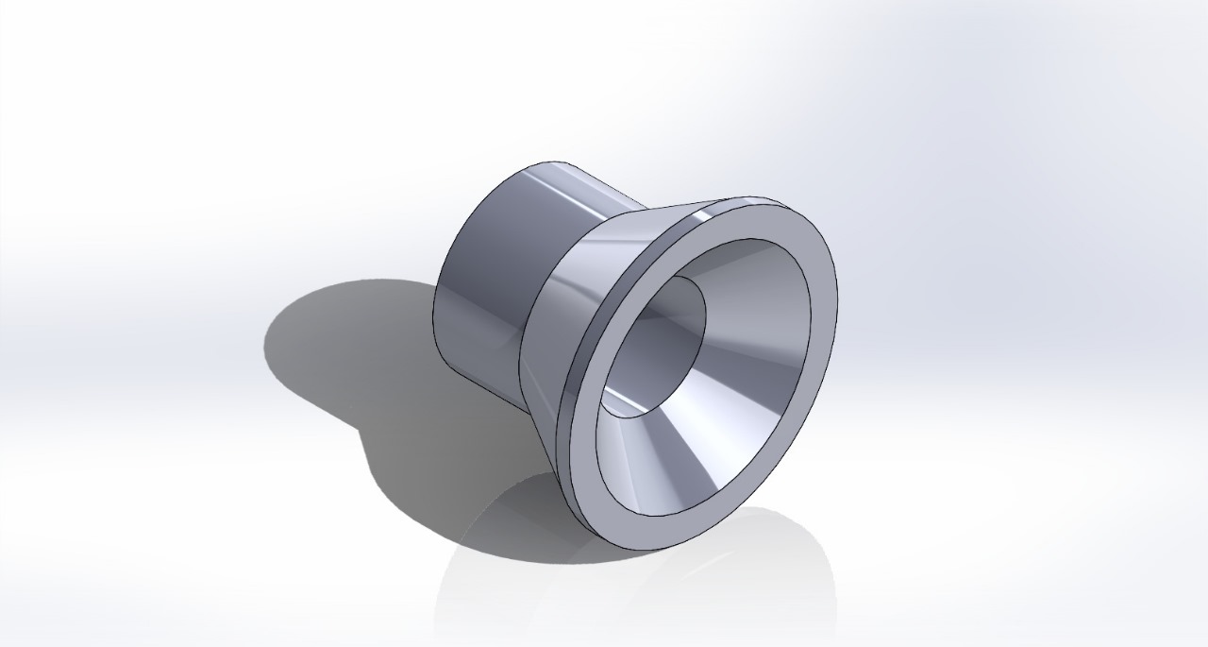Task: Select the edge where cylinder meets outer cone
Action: (x=525, y=331)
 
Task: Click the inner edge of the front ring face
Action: (x=810, y=312)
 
